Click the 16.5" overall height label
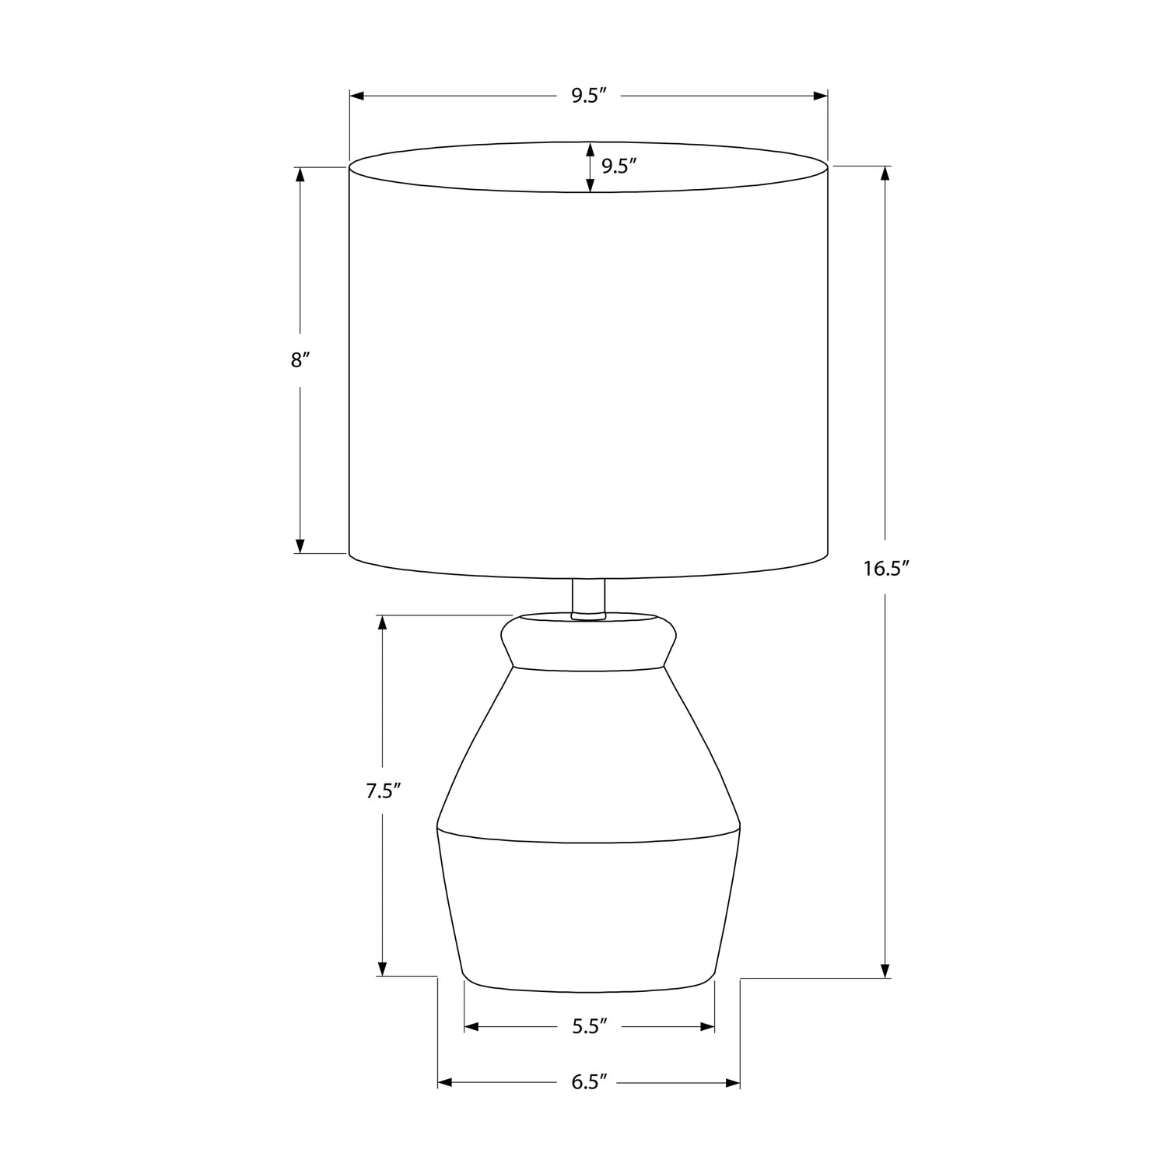tap(886, 569)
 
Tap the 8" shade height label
tap(300, 360)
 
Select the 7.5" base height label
tap(384, 791)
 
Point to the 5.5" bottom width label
tap(589, 1027)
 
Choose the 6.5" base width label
tap(589, 1082)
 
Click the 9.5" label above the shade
tap(589, 96)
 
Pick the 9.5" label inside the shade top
tap(619, 166)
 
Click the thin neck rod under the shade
tap(589, 598)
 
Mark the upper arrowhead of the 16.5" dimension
tap(885, 174)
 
